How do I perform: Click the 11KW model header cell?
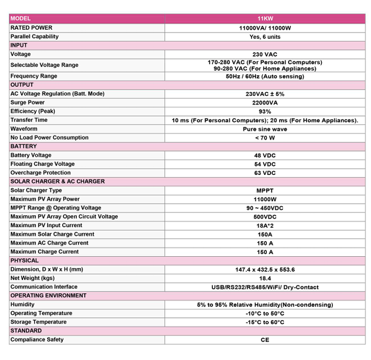[x=265, y=19]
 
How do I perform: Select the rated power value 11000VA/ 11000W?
[x=265, y=27]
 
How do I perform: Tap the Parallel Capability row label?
[x=34, y=36]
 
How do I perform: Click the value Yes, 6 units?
[x=265, y=36]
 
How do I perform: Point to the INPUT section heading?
[x=18, y=45]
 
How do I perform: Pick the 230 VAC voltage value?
[x=265, y=54]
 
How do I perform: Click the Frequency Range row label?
[x=34, y=76]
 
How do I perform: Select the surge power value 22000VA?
[x=265, y=103]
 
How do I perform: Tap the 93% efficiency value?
[x=265, y=112]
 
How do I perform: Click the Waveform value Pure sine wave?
[x=265, y=129]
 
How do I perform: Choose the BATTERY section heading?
[x=24, y=146]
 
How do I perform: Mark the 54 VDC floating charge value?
[x=265, y=164]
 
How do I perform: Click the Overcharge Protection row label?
[x=40, y=173]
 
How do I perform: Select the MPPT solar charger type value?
[x=265, y=191]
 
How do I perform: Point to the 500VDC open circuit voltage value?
[x=265, y=216]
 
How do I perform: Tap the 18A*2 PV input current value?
[x=265, y=225]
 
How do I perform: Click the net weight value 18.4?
[x=265, y=278]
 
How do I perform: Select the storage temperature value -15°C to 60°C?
[x=265, y=322]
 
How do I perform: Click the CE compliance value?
[x=265, y=340]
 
